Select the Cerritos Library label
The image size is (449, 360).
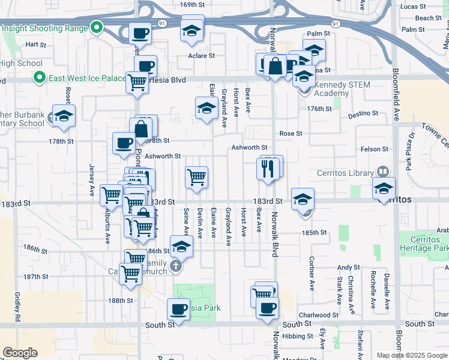(345, 173)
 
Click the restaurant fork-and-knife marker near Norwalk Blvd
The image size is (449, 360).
(268, 169)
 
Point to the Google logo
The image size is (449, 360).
(20, 353)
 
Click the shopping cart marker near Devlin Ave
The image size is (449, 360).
(197, 178)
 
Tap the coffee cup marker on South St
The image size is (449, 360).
(178, 310)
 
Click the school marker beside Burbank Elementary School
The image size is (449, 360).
(63, 117)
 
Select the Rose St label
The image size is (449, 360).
(291, 134)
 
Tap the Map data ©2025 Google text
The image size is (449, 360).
(411, 355)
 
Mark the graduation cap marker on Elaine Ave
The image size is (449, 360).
(206, 109)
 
